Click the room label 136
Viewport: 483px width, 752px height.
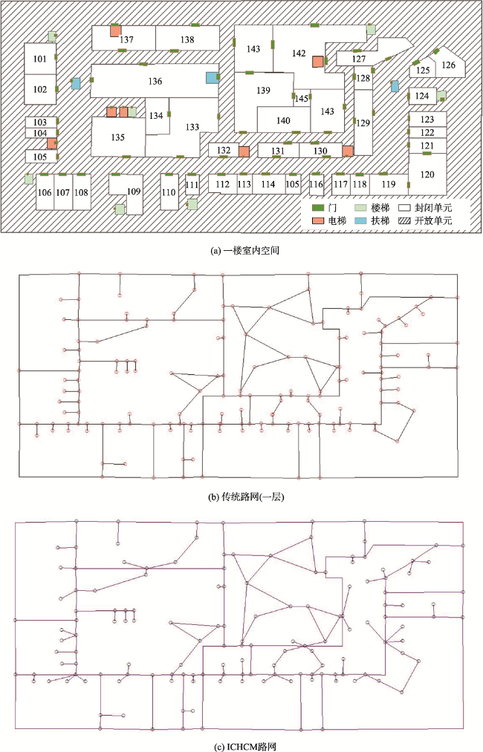coord(155,82)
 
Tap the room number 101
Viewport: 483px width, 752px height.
coord(40,59)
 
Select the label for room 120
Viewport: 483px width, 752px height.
coord(427,174)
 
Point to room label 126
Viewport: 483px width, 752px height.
coord(448,65)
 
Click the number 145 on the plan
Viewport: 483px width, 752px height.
coord(302,99)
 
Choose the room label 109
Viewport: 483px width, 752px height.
coord(134,192)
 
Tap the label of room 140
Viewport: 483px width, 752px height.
coord(283,121)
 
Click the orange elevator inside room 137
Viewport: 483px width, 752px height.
coord(115,30)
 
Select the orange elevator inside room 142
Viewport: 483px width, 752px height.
coord(317,62)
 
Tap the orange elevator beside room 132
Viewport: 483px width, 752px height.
coord(244,151)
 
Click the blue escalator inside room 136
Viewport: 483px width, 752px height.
coord(213,78)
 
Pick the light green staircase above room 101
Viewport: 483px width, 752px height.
coord(52,36)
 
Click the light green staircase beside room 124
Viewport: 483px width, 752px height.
coord(441,95)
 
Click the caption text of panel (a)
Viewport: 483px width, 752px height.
coord(241,250)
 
